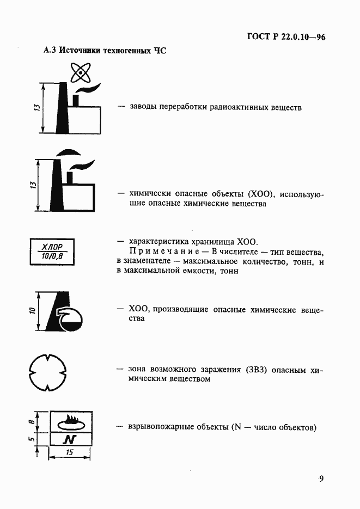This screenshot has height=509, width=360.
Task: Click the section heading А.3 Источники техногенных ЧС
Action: pos(104,51)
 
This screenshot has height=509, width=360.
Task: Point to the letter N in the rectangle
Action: pos(69,439)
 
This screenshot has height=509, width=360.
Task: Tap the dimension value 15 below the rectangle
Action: pos(69,453)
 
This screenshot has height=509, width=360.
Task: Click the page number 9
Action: pos(321,479)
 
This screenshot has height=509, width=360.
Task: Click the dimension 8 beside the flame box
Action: pos(32,420)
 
